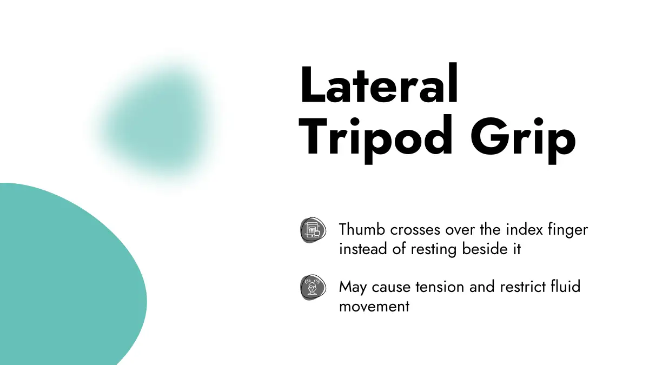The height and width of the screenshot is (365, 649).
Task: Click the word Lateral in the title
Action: pyautogui.click(x=379, y=83)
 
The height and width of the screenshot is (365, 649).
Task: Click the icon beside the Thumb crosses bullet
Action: pyautogui.click(x=313, y=230)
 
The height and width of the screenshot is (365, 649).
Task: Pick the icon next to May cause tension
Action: pyautogui.click(x=313, y=287)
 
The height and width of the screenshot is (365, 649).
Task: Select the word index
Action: pyautogui.click(x=525, y=229)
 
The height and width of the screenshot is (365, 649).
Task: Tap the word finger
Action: pyautogui.click(x=568, y=230)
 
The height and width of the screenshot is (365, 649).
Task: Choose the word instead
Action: pyautogui.click(x=363, y=249)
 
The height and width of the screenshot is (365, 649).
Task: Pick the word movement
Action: pyautogui.click(x=374, y=307)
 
